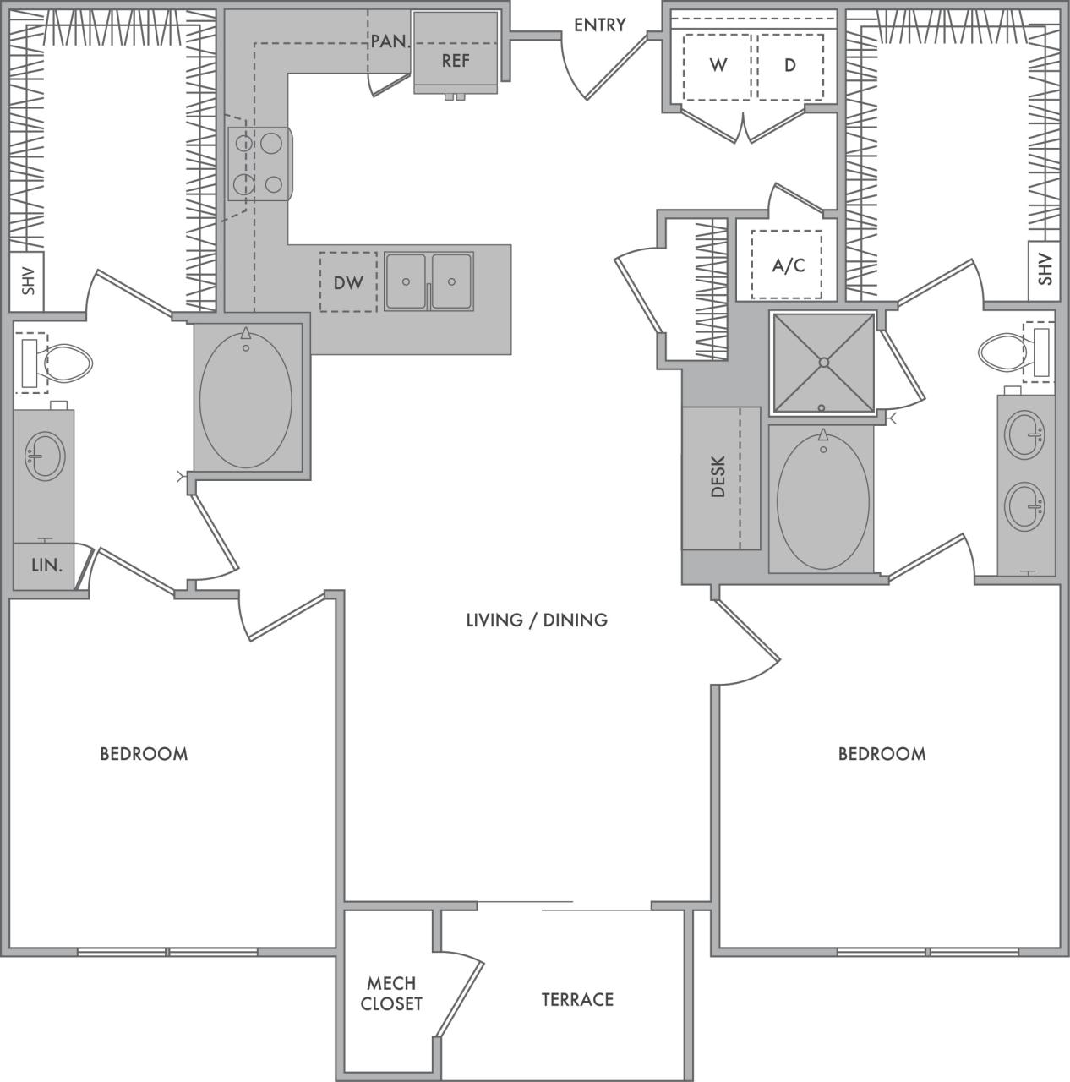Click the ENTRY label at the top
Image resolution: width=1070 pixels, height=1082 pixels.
point(599,25)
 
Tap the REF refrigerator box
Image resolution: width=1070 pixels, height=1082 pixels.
point(456,61)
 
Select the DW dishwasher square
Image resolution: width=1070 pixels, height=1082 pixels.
point(348,283)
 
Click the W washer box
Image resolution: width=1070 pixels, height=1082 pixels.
point(718,66)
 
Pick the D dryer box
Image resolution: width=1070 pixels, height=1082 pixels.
point(790,66)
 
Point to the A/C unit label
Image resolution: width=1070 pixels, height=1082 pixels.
point(788,265)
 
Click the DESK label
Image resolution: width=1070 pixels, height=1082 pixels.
point(718,477)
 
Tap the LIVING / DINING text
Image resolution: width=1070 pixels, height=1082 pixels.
point(537,620)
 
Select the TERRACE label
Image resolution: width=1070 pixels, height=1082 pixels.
point(577,1000)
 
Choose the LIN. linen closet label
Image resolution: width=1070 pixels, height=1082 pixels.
point(47,566)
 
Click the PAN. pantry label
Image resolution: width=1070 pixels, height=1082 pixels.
point(390,41)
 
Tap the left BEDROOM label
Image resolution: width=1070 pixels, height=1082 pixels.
point(144,754)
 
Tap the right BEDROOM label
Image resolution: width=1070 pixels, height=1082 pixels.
point(882,754)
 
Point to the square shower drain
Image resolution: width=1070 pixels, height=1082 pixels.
point(822,363)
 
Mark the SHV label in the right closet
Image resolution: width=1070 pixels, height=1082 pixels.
point(1045,270)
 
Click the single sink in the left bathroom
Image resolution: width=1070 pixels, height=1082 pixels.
point(44,456)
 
